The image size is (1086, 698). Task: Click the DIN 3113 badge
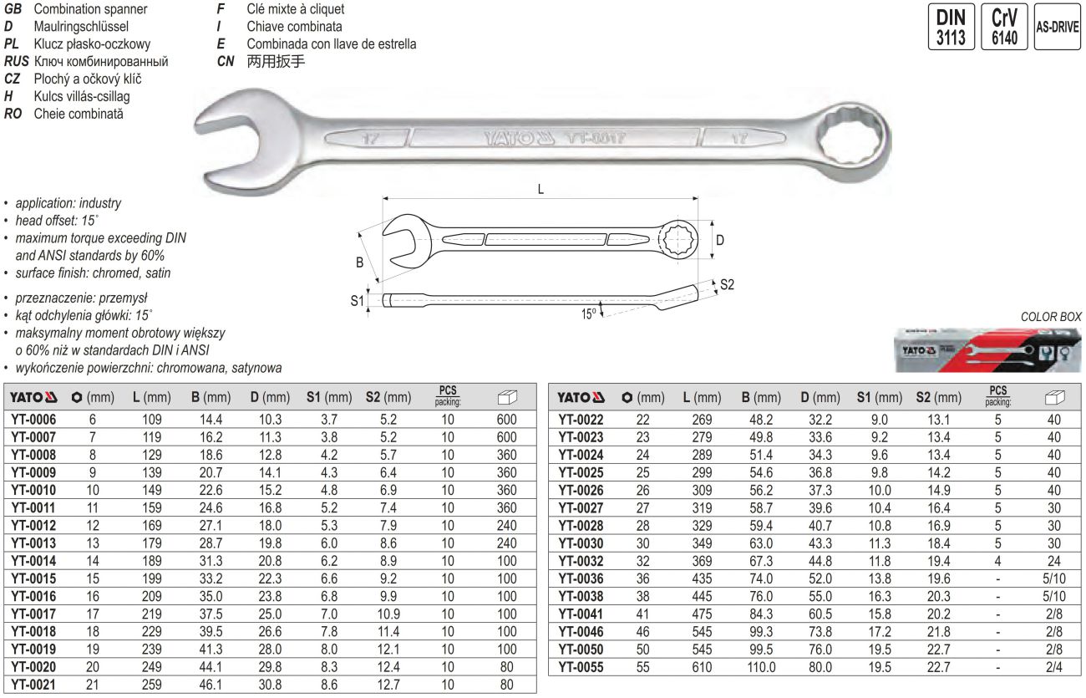pyautogui.click(x=951, y=28)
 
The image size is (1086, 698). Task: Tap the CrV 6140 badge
pyautogui.click(x=1004, y=28)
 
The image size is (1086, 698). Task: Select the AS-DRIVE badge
pyautogui.click(x=1058, y=27)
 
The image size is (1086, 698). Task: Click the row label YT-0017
pyautogui.click(x=33, y=612)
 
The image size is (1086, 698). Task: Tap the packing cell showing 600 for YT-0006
pyautogui.click(x=506, y=420)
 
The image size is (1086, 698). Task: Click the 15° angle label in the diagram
pyautogui.click(x=589, y=313)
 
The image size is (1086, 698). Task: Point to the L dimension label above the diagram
pyautogui.click(x=540, y=190)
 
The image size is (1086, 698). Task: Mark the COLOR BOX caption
pyautogui.click(x=1050, y=317)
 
